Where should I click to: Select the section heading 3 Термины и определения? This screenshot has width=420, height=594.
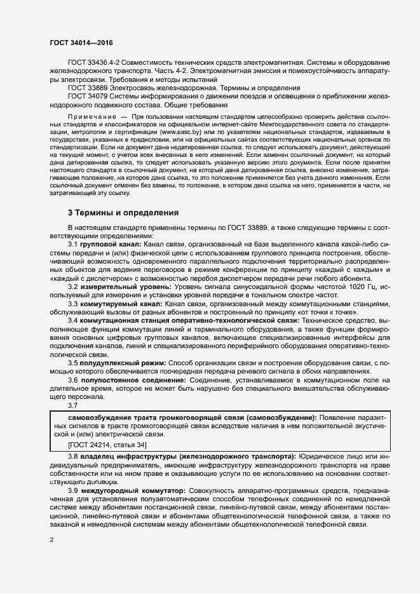[x=123, y=212]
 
